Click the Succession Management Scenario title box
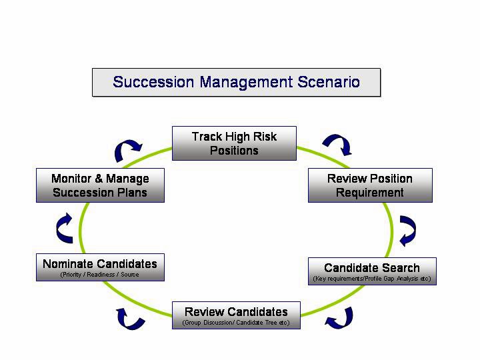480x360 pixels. [236, 83]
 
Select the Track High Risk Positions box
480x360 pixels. [234, 144]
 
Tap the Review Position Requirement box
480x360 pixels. [370, 185]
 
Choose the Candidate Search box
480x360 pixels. [372, 271]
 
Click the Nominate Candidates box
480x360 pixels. [100, 267]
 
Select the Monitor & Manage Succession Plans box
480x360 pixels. [100, 185]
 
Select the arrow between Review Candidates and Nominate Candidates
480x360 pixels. [131, 318]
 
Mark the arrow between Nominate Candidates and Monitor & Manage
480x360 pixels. [65, 229]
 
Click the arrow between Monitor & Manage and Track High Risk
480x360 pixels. [128, 150]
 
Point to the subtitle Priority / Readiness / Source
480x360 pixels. [100, 275]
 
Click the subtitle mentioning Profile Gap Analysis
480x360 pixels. [372, 278]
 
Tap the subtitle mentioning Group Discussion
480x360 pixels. [236, 323]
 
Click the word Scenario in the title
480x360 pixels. [327, 82]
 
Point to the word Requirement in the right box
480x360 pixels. [370, 193]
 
